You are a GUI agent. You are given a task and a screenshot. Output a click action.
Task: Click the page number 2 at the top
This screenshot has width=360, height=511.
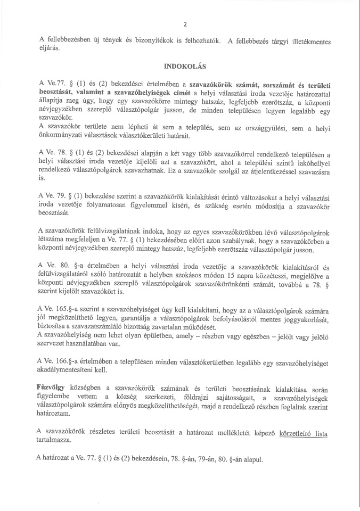click(184, 24)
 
